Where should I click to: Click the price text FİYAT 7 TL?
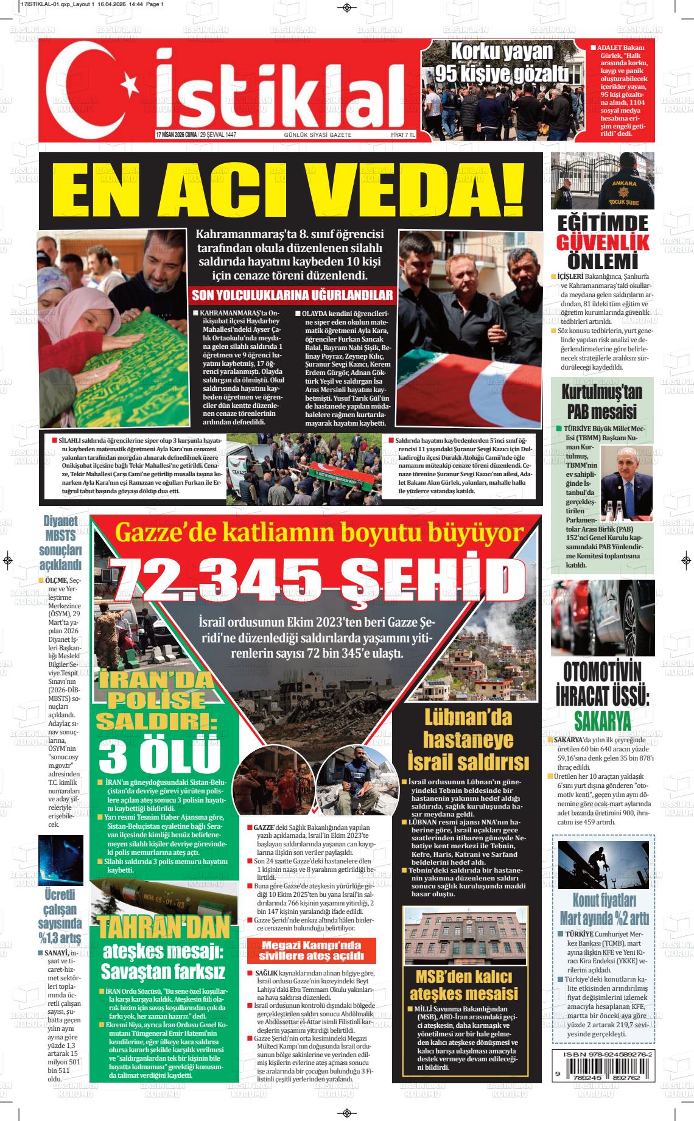pos(402,135)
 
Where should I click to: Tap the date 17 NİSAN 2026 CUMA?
pos(177,135)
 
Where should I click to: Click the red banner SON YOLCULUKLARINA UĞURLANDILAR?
pos(292,295)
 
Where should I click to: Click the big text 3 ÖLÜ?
pos(160,755)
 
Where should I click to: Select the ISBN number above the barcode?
pos(602,1054)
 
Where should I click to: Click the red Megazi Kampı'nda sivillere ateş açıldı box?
pos(311,950)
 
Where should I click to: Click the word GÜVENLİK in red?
pos(602,242)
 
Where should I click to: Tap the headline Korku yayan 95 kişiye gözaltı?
pos(502,63)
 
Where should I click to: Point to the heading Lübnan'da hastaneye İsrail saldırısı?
pos(468,740)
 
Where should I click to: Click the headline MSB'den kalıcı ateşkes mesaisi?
pos(463,985)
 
